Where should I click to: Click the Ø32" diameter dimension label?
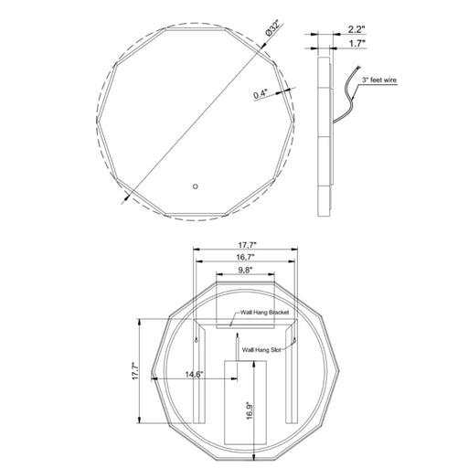click(272, 28)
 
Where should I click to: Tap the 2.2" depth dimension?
click(356, 29)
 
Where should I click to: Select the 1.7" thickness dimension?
click(357, 44)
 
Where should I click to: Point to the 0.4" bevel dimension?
click(261, 94)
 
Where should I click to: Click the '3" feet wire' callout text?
click(379, 80)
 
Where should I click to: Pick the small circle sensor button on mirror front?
click(196, 186)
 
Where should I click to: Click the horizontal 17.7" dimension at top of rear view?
click(247, 245)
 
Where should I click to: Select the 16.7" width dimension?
click(246, 257)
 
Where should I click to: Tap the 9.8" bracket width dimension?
click(245, 270)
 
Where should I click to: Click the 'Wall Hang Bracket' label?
click(264, 313)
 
